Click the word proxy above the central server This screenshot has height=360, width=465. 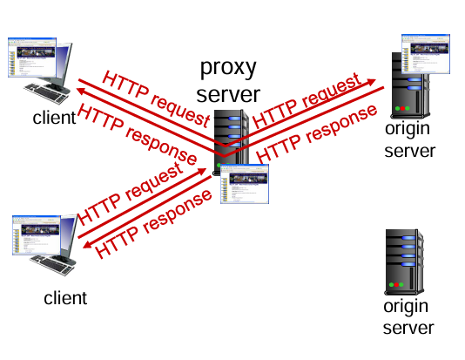tap(228, 69)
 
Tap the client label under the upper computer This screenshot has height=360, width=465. tap(54, 118)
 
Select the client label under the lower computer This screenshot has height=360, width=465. tap(65, 298)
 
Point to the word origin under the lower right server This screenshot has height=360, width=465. tap(406, 308)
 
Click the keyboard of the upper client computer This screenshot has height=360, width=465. tap(46, 93)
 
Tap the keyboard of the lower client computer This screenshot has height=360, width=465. tap(52, 265)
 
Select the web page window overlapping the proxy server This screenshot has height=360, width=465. tap(245, 184)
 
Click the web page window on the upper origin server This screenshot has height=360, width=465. tap(426, 54)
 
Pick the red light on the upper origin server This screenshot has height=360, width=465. tap(402, 108)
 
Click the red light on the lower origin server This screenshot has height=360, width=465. tap(396, 285)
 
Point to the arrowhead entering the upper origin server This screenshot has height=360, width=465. tap(371, 82)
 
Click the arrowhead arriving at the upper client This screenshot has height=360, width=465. tap(81, 91)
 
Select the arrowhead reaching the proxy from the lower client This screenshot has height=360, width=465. tap(202, 172)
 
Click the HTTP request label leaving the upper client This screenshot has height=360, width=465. tap(156, 99)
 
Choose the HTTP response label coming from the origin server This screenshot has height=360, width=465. tap(317, 133)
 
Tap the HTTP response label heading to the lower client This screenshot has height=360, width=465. tap(153, 223)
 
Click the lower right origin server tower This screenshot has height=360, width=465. tap(404, 262)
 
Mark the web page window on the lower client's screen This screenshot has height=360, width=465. tap(37, 235)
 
